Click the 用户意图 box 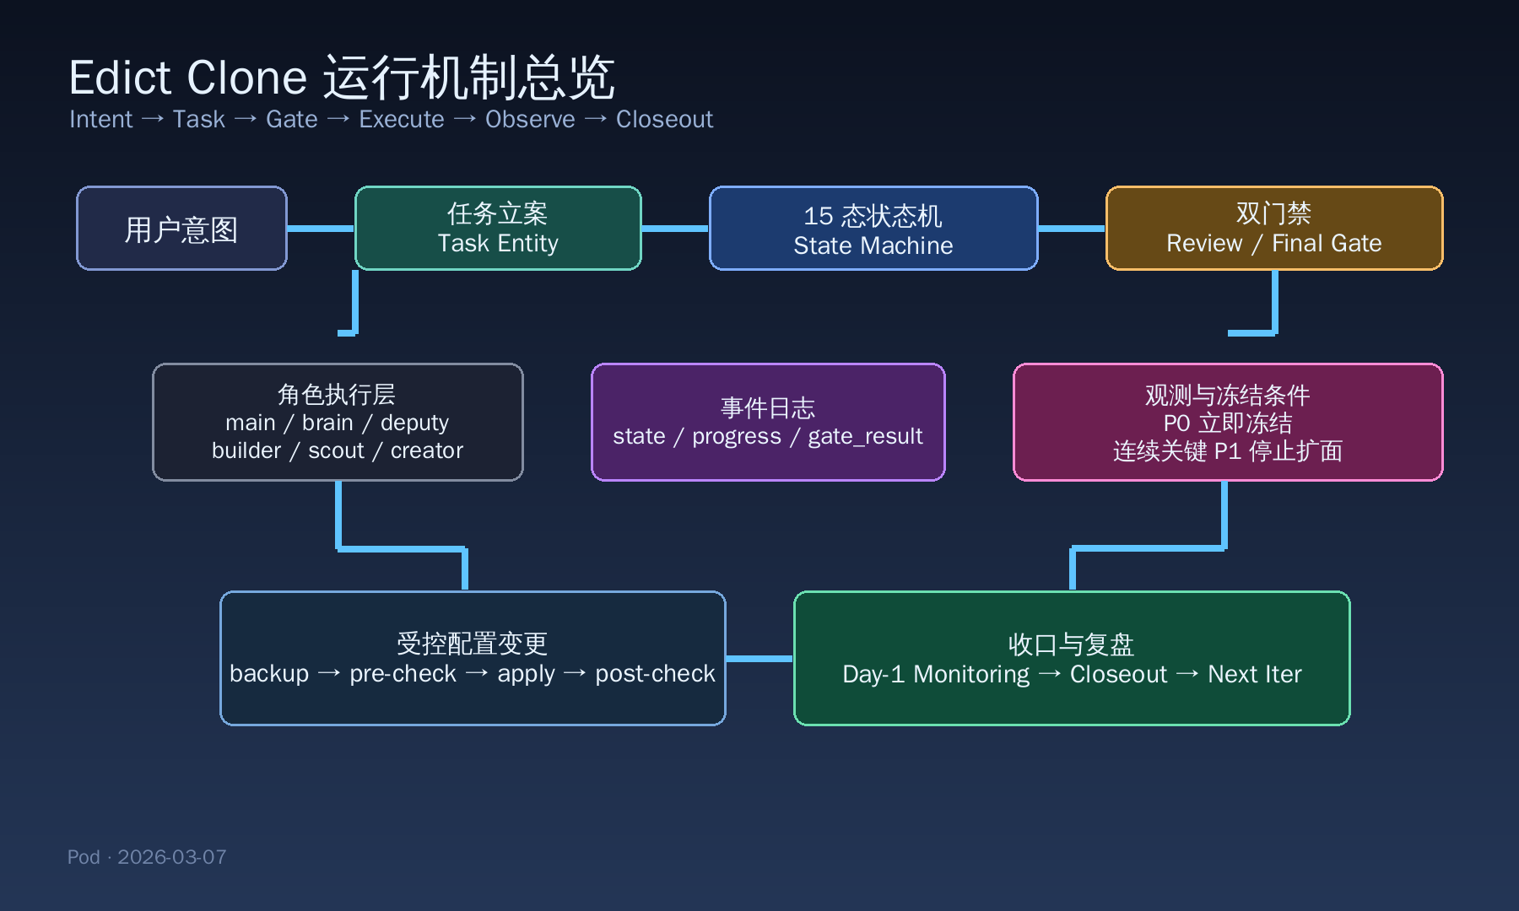181,229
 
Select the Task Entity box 498,229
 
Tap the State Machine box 873,229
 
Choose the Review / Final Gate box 1273,229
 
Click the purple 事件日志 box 767,422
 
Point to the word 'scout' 336,450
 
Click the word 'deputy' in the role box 414,423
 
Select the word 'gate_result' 865,436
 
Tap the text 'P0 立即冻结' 1227,423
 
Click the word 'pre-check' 403,674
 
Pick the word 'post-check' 655,674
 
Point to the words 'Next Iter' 1254,675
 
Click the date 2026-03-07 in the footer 171,857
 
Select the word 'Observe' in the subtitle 530,120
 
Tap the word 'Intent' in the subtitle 100,120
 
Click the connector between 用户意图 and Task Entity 321,229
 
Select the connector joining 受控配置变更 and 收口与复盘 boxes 759,659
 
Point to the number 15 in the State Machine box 818,216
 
